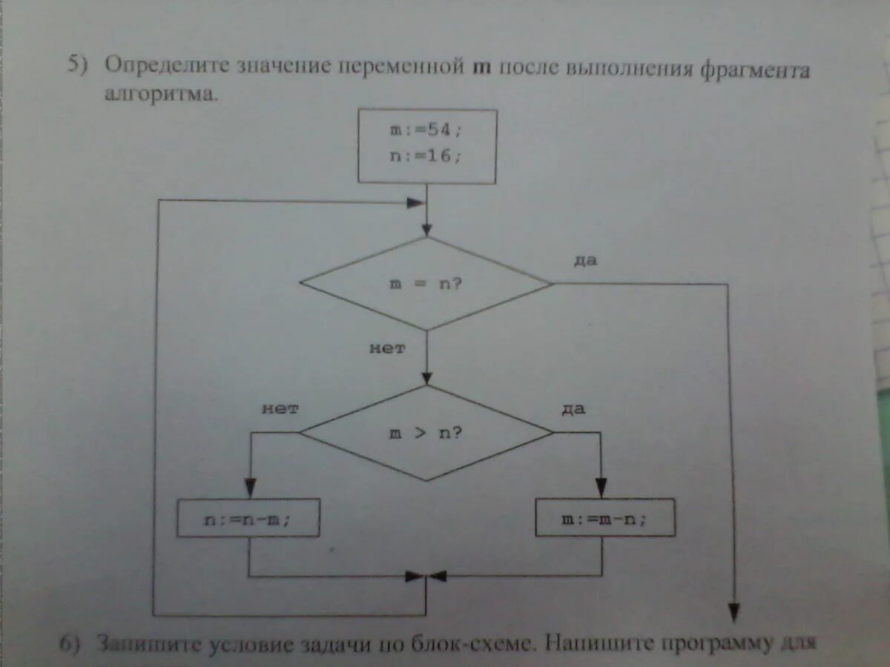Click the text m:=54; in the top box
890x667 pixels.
[x=426, y=130]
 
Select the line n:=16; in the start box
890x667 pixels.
[x=426, y=156]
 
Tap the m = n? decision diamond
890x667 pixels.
[x=426, y=284]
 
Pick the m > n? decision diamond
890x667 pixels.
[x=426, y=432]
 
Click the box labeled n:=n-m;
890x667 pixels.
[x=248, y=519]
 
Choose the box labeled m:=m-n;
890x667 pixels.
[x=604, y=518]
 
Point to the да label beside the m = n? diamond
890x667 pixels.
[x=586, y=261]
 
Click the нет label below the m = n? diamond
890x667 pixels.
[x=387, y=348]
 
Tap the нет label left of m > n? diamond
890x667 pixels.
[x=280, y=408]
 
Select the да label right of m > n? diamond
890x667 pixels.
[x=573, y=409]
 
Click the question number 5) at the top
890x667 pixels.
[x=78, y=64]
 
